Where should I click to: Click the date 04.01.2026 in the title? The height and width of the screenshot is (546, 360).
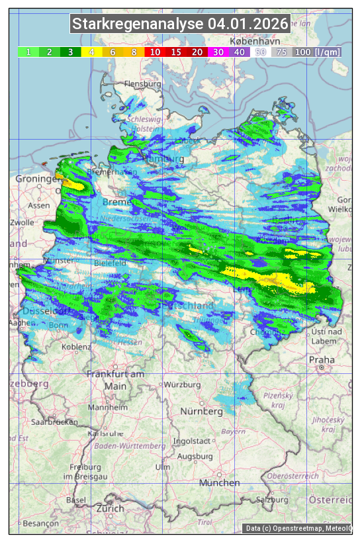click(x=248, y=24)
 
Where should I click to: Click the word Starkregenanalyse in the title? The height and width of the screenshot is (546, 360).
click(x=138, y=24)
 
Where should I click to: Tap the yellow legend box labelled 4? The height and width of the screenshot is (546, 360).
click(x=91, y=52)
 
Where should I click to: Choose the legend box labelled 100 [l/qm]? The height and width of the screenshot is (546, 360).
click(x=317, y=52)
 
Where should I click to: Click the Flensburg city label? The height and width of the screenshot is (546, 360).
click(x=142, y=84)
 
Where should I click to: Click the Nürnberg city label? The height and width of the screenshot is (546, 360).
click(x=202, y=411)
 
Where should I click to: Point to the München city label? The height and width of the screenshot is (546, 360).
click(x=219, y=483)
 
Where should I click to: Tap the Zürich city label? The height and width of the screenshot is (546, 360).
click(x=110, y=508)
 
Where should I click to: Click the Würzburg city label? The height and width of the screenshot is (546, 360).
click(x=182, y=385)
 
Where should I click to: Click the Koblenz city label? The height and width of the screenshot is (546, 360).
click(x=75, y=347)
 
